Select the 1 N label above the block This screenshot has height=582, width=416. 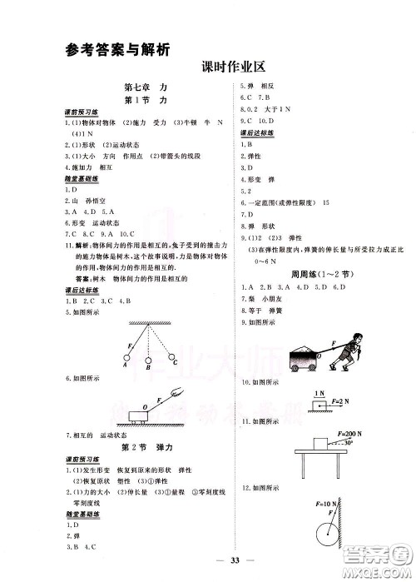[x=319, y=391]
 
